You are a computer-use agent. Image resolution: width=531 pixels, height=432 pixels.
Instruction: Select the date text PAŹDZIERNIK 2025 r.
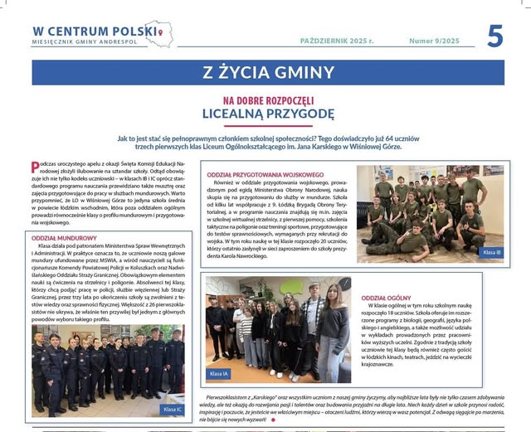click(x=337, y=41)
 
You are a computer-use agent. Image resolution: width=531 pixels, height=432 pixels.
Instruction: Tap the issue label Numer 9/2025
click(x=436, y=41)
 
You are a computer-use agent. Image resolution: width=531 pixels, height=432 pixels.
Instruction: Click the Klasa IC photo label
click(x=173, y=410)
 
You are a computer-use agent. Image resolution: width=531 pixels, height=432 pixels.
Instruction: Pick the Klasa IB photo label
click(x=491, y=252)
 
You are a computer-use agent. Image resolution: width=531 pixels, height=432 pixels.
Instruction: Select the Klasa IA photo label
click(x=219, y=374)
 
